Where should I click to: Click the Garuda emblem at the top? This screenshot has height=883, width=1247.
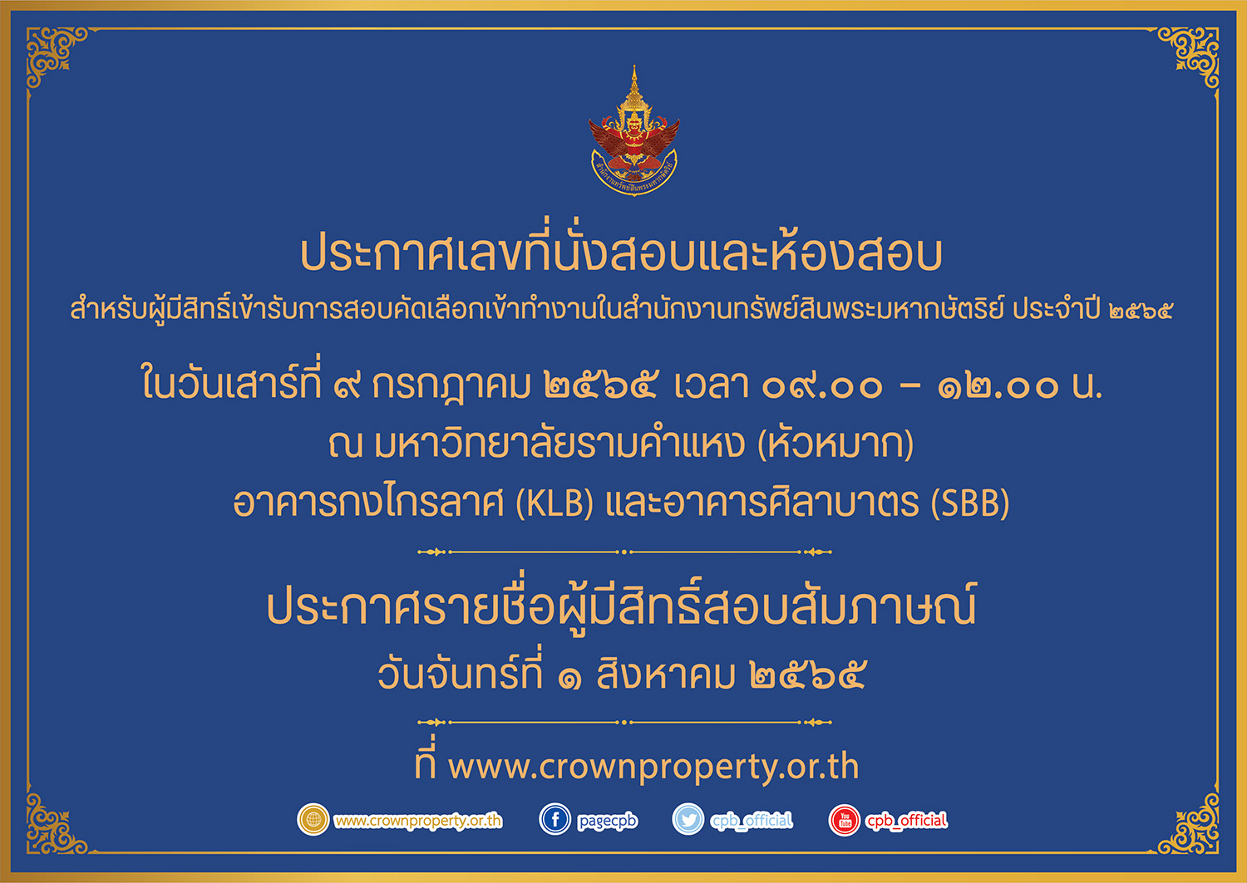tap(634, 131)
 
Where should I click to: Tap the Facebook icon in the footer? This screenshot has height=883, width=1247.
tap(555, 819)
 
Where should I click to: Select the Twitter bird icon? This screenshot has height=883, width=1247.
tap(688, 819)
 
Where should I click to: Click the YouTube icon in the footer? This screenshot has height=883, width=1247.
tap(845, 820)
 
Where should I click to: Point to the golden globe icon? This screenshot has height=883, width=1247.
tap(313, 819)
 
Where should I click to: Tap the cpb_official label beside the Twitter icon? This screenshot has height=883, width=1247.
tap(751, 821)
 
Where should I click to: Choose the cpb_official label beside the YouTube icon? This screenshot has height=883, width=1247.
tap(906, 821)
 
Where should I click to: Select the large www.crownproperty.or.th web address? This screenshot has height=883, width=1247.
tap(653, 767)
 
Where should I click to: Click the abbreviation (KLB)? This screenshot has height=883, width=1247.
tap(554, 503)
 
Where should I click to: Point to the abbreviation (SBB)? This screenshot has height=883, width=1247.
tap(970, 503)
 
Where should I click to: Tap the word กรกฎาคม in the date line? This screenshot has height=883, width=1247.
tap(451, 386)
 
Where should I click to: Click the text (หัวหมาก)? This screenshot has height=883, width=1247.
tap(835, 444)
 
